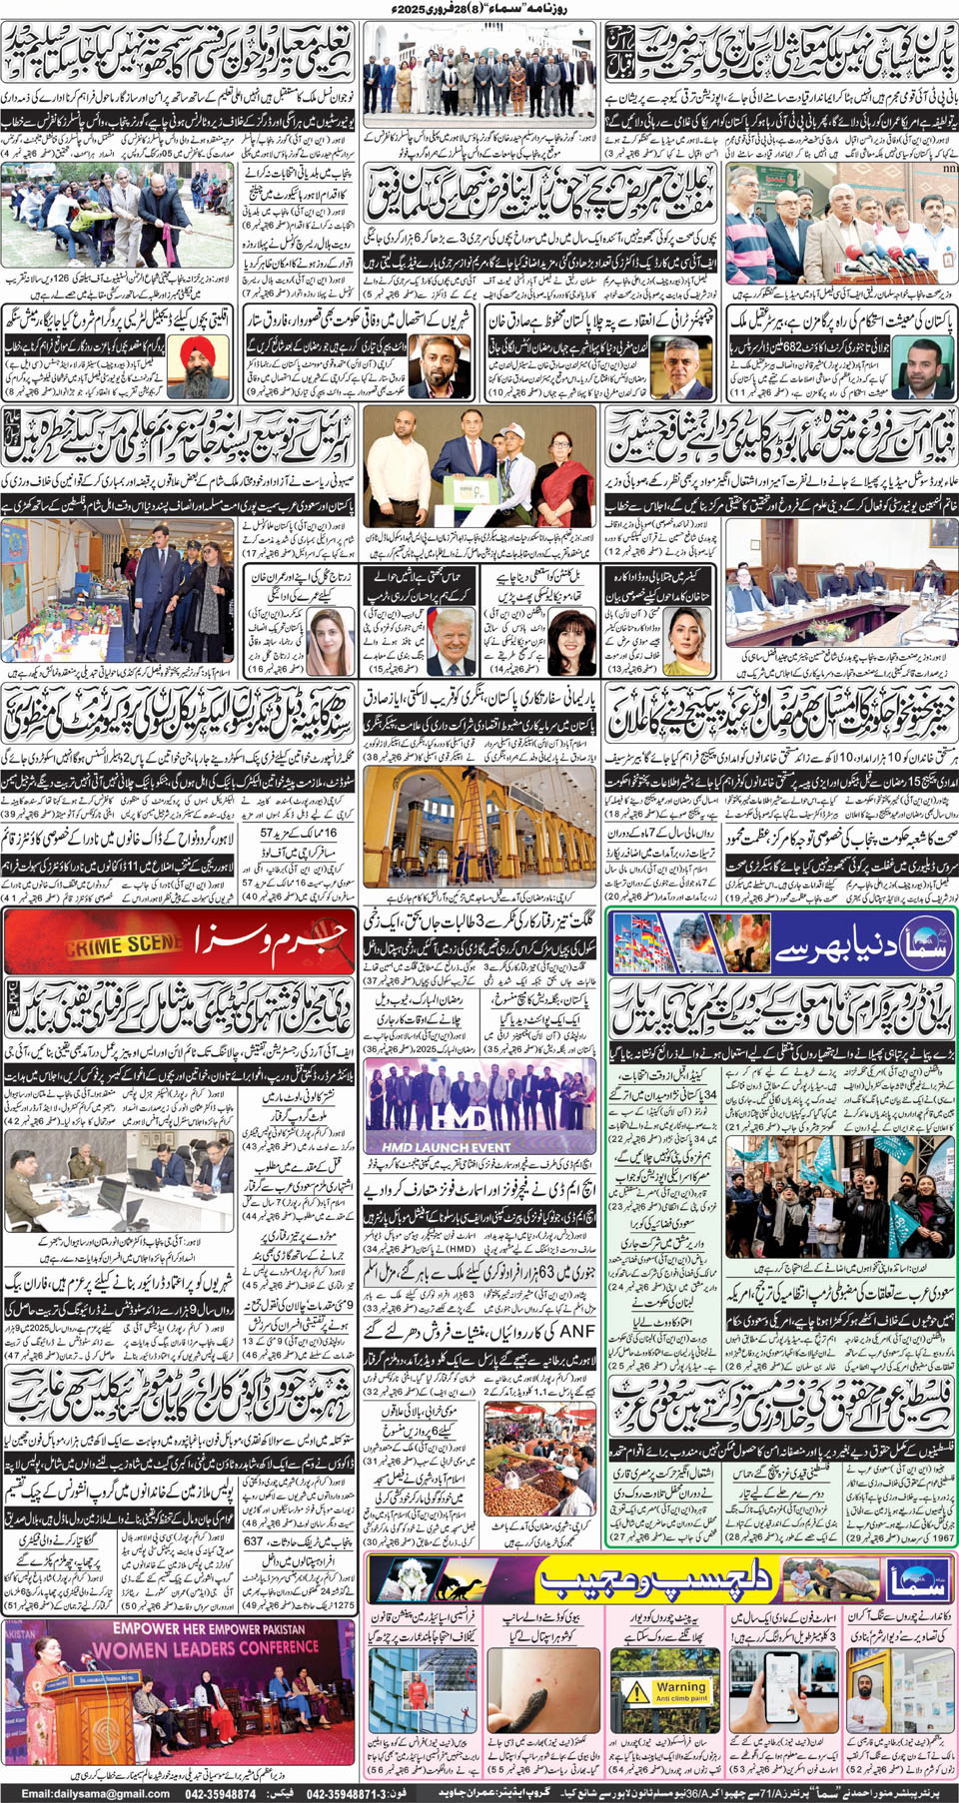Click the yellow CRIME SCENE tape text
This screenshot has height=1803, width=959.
(124, 943)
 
